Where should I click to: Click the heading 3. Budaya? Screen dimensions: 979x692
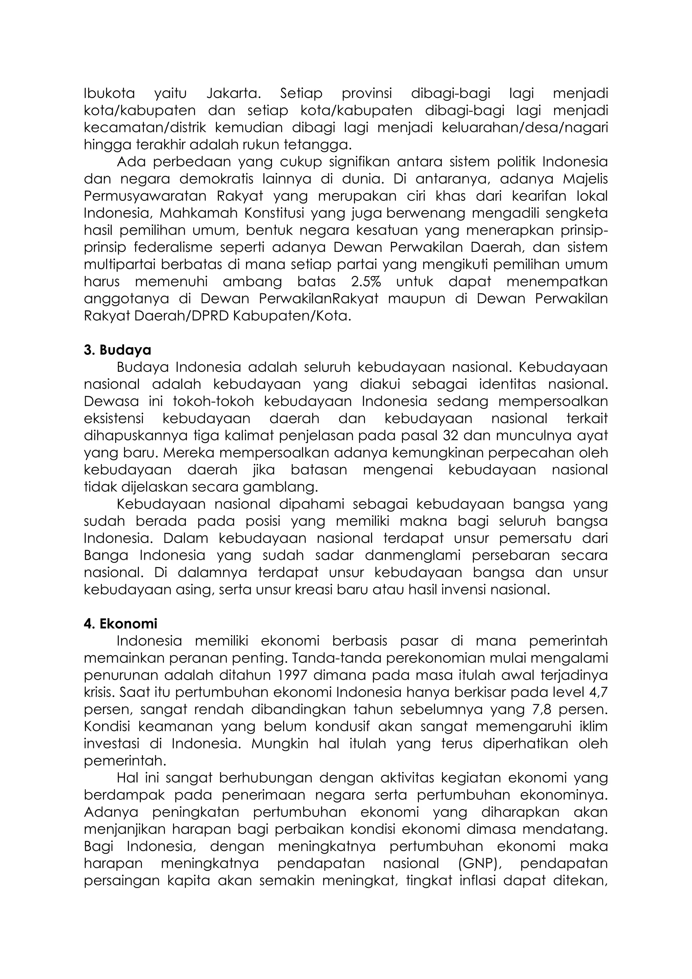(118, 350)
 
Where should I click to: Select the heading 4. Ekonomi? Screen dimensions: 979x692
(121, 624)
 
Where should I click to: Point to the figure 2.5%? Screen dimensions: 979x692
(366, 282)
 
